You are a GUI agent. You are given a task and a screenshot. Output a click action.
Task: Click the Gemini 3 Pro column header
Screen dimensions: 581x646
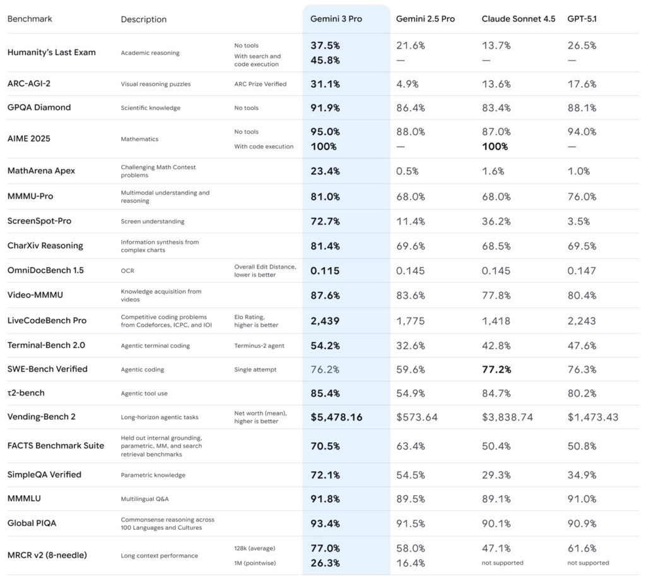click(336, 19)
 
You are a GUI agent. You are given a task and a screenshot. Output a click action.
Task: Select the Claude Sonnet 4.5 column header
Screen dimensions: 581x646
click(518, 19)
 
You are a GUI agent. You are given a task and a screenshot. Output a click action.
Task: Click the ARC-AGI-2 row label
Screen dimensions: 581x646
click(30, 84)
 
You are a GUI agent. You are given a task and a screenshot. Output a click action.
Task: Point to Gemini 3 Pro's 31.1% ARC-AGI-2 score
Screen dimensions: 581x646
click(326, 84)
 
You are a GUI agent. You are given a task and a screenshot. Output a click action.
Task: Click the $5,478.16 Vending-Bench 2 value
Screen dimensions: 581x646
click(336, 417)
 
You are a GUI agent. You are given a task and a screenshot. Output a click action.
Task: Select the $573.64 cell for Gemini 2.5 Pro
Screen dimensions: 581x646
click(417, 417)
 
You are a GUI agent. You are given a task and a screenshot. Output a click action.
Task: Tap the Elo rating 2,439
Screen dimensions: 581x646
click(325, 321)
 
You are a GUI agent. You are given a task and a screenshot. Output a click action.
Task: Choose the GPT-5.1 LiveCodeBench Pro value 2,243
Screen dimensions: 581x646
click(582, 321)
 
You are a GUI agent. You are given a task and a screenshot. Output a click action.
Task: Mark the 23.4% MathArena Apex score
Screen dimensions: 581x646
click(326, 171)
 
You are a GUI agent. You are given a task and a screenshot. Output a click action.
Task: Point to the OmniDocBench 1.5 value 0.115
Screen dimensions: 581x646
click(325, 271)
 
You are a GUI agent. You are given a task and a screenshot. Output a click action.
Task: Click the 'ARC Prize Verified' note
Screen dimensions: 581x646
click(260, 84)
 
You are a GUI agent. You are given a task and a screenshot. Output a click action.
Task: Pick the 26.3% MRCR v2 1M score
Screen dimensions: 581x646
click(325, 563)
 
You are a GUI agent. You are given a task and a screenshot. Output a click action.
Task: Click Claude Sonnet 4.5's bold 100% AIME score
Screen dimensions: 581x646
click(495, 147)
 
